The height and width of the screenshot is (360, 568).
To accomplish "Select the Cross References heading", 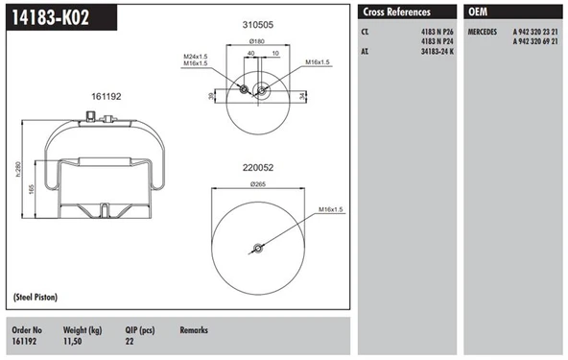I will [395, 12].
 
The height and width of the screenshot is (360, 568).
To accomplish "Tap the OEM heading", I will [477, 12].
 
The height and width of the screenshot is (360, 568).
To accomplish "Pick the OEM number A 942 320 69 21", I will [536, 42].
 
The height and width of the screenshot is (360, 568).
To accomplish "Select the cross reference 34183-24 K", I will [436, 52].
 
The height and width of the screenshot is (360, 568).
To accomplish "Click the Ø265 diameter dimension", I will [257, 183].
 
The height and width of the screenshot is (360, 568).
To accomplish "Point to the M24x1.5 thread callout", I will [197, 57].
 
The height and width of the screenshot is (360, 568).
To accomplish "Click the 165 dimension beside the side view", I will [32, 191].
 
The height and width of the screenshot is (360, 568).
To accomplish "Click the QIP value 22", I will [130, 340].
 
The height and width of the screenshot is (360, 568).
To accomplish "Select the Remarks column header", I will [194, 329].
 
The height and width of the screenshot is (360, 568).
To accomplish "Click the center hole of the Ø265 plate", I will [256, 252].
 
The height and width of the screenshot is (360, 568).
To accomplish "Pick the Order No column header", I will [27, 329].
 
